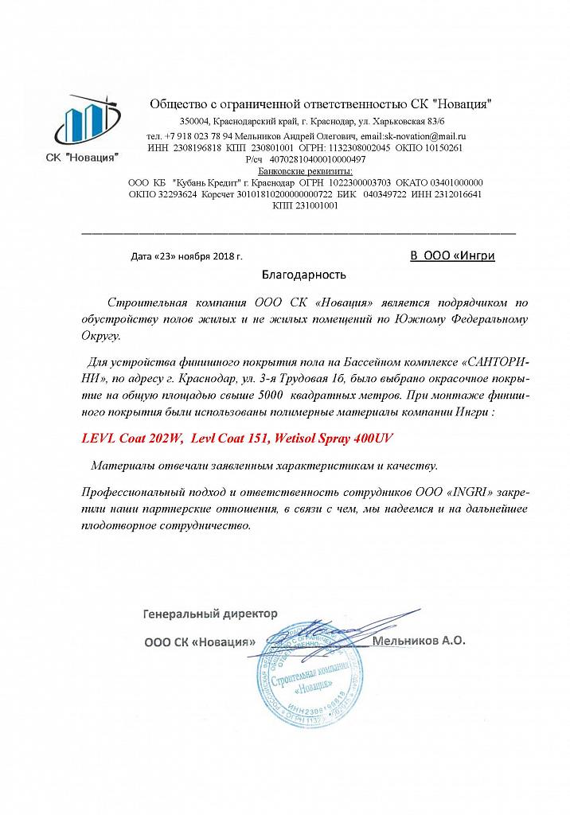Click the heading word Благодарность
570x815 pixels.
click(x=305, y=275)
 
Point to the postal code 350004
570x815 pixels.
click(x=194, y=120)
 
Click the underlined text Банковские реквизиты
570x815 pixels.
click(x=306, y=170)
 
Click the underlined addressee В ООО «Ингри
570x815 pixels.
click(x=452, y=255)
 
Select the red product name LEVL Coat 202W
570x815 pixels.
click(x=133, y=439)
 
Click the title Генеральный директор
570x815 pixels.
click(x=210, y=614)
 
